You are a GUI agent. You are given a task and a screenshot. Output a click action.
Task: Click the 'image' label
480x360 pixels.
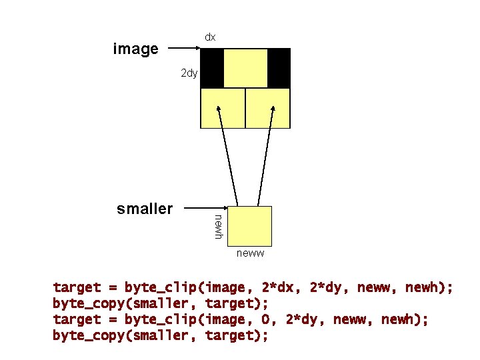pyautogui.click(x=136, y=49)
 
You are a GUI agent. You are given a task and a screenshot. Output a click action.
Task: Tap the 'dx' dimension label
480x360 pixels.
pyautogui.click(x=209, y=37)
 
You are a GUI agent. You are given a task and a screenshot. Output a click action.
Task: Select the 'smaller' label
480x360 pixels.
pyautogui.click(x=144, y=209)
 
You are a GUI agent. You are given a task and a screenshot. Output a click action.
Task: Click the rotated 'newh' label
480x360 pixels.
pyautogui.click(x=218, y=226)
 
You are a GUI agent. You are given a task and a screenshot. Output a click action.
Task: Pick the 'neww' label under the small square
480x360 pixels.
pyautogui.click(x=250, y=253)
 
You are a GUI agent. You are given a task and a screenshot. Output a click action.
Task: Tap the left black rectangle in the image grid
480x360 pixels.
pyautogui.click(x=212, y=68)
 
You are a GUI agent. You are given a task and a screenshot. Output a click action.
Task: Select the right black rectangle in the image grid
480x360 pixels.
pyautogui.click(x=279, y=68)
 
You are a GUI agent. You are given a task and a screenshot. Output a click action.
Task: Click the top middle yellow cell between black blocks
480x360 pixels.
pyautogui.click(x=245, y=68)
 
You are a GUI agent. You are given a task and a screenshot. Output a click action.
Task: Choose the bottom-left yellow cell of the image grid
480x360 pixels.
pyautogui.click(x=223, y=108)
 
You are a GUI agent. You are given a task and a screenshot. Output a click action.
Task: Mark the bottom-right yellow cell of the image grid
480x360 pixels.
pyautogui.click(x=268, y=108)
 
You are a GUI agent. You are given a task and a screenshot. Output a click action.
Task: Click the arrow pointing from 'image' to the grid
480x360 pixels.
pyautogui.click(x=183, y=48)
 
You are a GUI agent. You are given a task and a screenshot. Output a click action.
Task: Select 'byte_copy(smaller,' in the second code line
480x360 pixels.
pyautogui.click(x=124, y=304)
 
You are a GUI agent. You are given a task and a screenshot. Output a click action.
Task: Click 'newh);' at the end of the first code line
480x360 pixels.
pyautogui.click(x=429, y=288)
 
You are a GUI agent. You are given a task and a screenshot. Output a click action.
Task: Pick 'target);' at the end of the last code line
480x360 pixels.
pyautogui.click(x=237, y=336)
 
